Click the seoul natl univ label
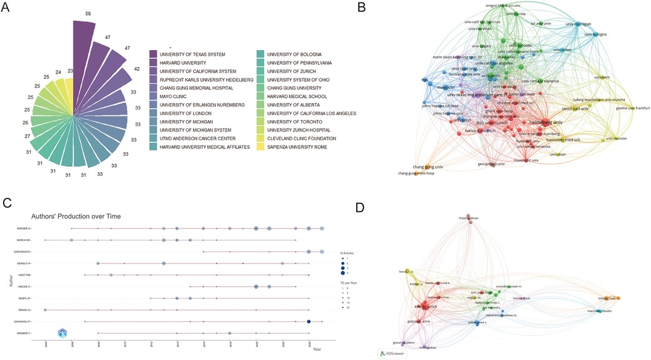(577, 109)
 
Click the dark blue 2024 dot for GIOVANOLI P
(309, 321)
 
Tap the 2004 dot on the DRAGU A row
(45, 310)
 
